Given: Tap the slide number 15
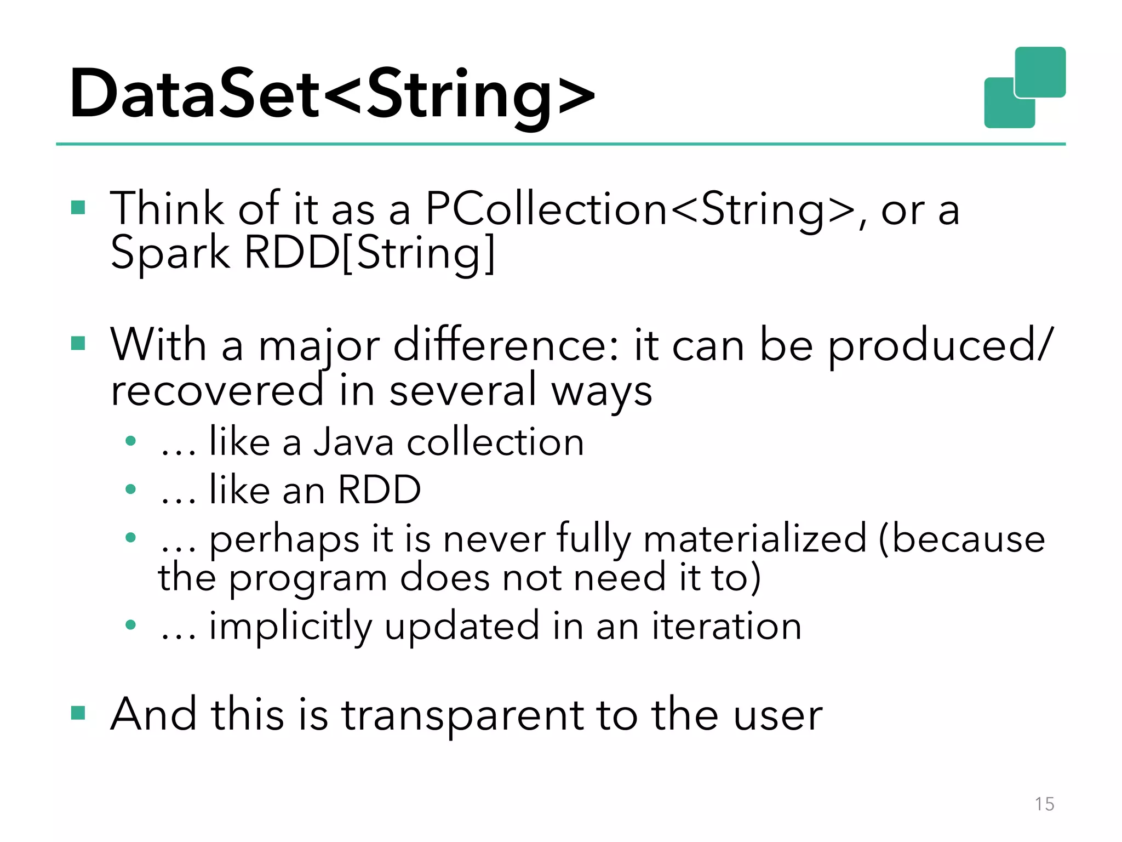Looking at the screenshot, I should click(x=1044, y=804).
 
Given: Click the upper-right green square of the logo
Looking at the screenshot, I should click(x=1040, y=72).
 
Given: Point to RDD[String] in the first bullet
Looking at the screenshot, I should click(x=369, y=253).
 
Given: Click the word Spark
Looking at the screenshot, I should click(x=170, y=253).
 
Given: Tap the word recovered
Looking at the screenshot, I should click(x=217, y=390).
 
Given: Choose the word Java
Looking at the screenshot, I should click(x=353, y=442).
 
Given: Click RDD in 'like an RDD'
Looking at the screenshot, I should click(x=379, y=490).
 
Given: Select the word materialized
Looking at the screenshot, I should click(x=755, y=538).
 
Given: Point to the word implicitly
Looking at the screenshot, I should click(x=291, y=627).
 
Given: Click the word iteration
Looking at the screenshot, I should click(x=726, y=626).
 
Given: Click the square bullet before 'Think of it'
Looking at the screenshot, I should click(x=78, y=207).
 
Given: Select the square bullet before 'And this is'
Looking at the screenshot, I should click(x=78, y=713).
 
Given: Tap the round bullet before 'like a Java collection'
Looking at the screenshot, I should click(x=130, y=441).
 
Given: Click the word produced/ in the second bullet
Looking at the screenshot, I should click(x=940, y=346).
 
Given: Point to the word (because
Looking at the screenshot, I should click(x=961, y=538).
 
